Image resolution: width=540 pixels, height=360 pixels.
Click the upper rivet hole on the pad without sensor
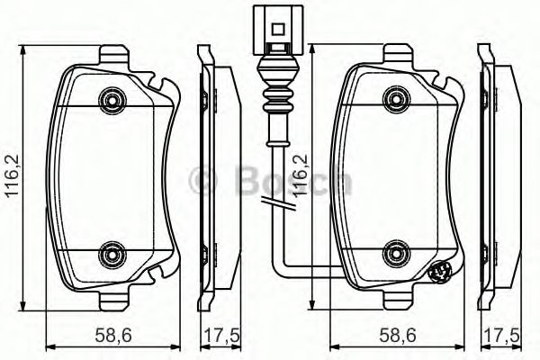[112, 98]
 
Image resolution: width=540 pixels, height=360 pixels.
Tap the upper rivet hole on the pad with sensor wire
[393, 98]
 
